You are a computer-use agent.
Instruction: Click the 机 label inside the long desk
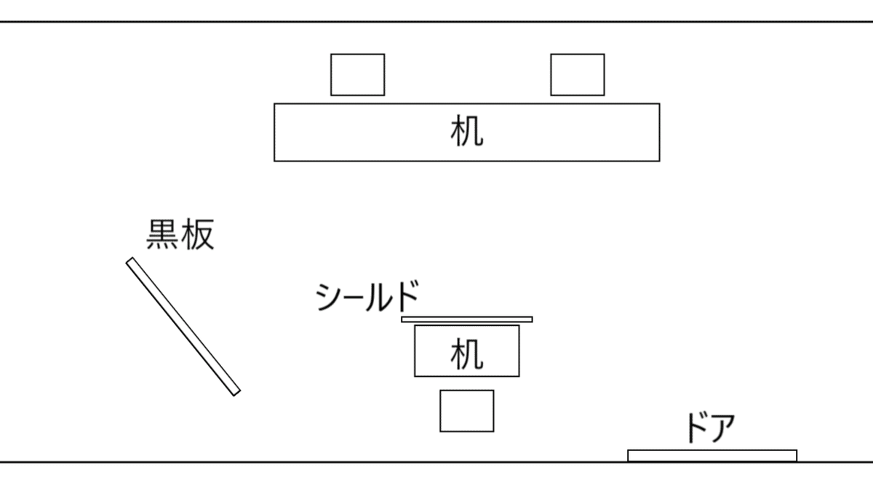pyautogui.click(x=466, y=132)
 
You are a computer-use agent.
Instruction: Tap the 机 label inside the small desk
pyautogui.click(x=466, y=354)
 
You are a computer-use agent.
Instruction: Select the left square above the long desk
pyautogui.click(x=357, y=74)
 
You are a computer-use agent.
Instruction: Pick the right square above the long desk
pyautogui.click(x=577, y=74)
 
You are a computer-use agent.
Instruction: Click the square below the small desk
pyautogui.click(x=466, y=410)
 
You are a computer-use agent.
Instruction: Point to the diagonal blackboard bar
pyautogui.click(x=183, y=327)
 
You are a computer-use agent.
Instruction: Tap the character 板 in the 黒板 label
pyautogui.click(x=198, y=235)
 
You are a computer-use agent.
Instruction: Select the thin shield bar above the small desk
pyautogui.click(x=466, y=319)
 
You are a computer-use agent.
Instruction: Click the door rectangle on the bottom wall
pyautogui.click(x=712, y=455)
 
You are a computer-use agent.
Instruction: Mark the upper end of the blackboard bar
pyautogui.click(x=131, y=262)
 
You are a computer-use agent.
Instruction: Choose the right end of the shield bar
pyautogui.click(x=530, y=319)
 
